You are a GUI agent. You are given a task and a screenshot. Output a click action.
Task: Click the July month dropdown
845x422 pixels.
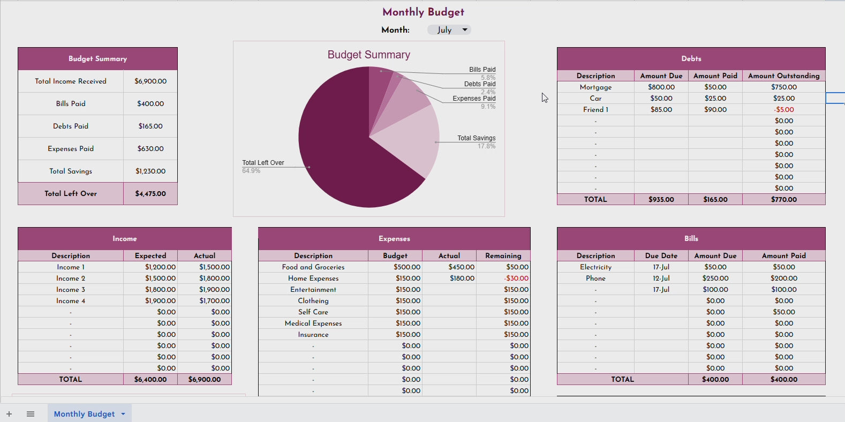[x=449, y=30]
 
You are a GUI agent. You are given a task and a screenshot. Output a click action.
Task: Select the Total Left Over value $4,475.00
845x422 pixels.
[x=150, y=194]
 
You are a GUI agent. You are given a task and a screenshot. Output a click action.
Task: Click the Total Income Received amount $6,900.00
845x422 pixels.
[x=150, y=81]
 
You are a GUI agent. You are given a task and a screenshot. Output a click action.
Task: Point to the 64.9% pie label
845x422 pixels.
[x=251, y=171]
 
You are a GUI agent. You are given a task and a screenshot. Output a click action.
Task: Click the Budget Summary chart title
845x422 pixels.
[x=368, y=55]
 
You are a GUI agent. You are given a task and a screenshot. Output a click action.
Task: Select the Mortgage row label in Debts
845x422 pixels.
[x=595, y=87]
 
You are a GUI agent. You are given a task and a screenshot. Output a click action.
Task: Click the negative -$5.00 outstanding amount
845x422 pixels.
[x=784, y=110]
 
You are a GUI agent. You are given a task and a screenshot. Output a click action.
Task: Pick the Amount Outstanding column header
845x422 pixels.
[x=783, y=76]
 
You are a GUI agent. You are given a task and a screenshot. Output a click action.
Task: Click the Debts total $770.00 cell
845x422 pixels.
[x=784, y=200]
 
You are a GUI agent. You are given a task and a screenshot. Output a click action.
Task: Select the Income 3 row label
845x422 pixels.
[x=71, y=290]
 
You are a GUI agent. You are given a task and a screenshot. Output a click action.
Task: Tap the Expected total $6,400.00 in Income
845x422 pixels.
[x=150, y=380]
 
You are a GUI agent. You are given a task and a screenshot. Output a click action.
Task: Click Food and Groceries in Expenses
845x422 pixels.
[x=313, y=267]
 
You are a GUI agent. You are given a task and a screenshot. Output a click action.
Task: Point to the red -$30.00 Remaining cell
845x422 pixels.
[x=516, y=278]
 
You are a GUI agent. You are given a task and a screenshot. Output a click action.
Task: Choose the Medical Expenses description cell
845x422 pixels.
[x=313, y=323]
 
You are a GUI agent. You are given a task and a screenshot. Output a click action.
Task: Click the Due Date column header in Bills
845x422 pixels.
[x=661, y=256]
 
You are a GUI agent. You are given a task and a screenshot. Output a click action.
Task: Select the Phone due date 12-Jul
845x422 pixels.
[x=661, y=278]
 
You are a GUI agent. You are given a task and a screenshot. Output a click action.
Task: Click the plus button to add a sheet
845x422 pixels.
[x=9, y=414]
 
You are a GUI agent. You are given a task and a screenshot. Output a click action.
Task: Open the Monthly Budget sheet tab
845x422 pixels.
[x=84, y=414]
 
